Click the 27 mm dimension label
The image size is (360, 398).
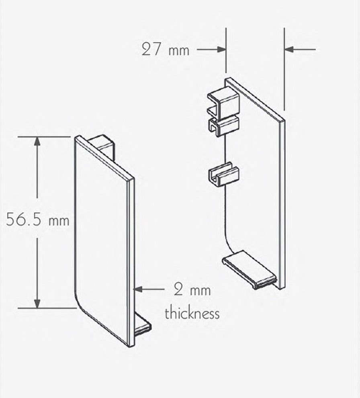[165, 50]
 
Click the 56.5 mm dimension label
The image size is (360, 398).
[38, 220]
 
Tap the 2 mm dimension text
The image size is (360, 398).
[192, 289]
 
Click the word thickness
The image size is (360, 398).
[192, 313]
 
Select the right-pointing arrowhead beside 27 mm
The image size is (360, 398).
[221, 49]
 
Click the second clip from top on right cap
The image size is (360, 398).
[223, 125]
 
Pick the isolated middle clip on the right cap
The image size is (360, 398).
[223, 174]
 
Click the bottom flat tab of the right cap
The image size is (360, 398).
[250, 268]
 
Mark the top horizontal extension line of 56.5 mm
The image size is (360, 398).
[44, 137]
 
